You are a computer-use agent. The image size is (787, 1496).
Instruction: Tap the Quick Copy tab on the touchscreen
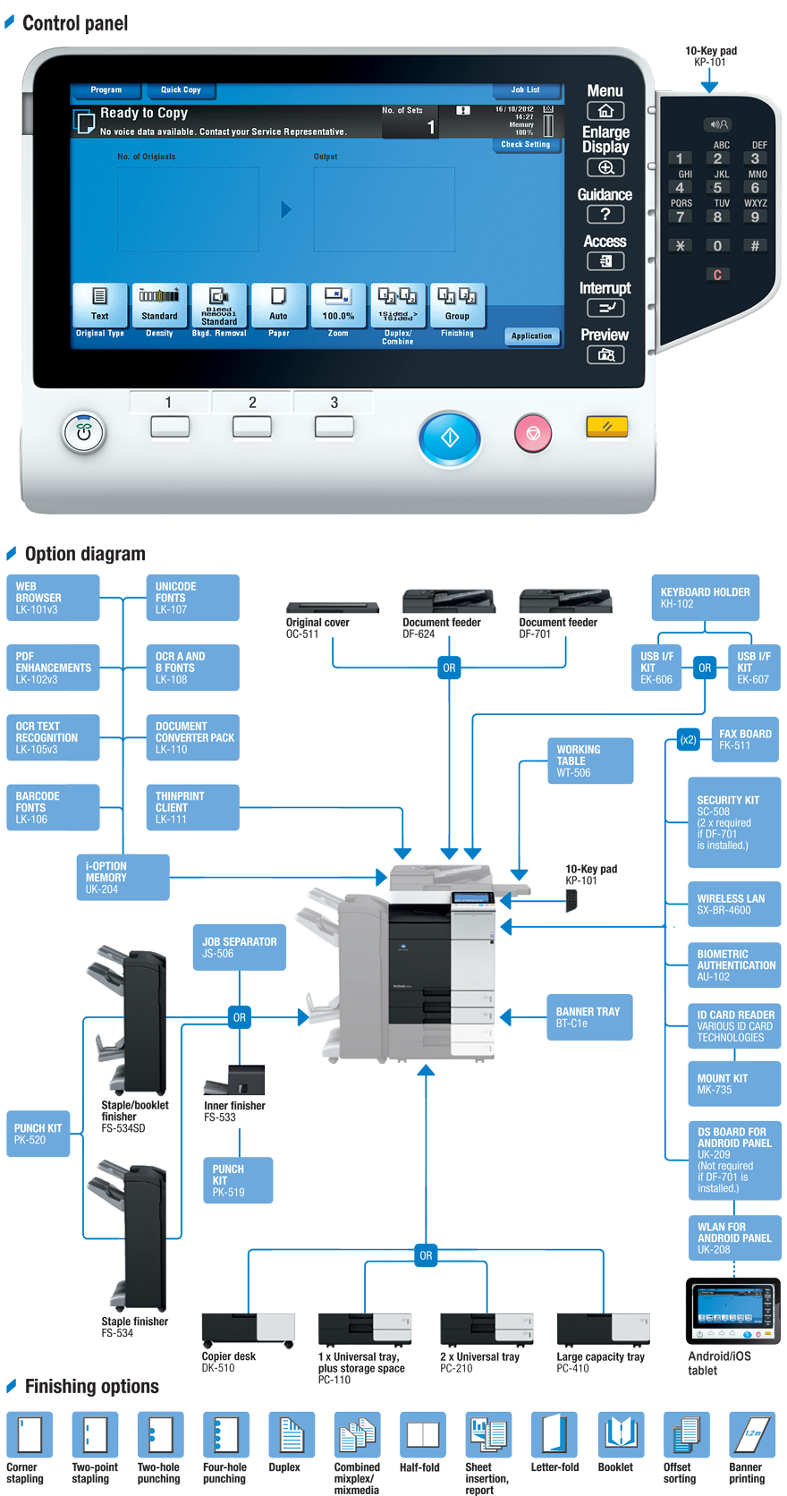(x=181, y=90)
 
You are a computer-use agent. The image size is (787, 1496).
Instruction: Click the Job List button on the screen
(x=525, y=90)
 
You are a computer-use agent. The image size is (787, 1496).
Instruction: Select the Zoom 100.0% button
(x=338, y=306)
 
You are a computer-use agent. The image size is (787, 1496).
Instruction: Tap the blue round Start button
(x=450, y=438)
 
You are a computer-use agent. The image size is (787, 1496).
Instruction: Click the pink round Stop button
(x=533, y=434)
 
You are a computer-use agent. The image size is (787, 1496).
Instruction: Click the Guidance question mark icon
(x=605, y=215)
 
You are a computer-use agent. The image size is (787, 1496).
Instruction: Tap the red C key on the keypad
(x=717, y=276)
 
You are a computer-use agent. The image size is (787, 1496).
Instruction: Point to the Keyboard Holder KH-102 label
(x=705, y=598)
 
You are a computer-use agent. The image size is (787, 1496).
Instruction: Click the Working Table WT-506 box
(x=588, y=761)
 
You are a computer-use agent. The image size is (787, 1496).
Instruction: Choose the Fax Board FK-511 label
(x=744, y=739)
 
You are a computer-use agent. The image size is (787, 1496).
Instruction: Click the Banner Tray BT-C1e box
(x=587, y=1017)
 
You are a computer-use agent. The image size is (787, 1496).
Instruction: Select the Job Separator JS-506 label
(x=239, y=948)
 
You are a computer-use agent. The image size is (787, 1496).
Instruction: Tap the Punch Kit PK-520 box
(x=38, y=1134)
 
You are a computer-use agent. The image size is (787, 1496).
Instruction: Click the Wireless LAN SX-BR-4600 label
(x=730, y=904)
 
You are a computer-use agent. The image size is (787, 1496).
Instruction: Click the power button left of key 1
(x=84, y=433)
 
